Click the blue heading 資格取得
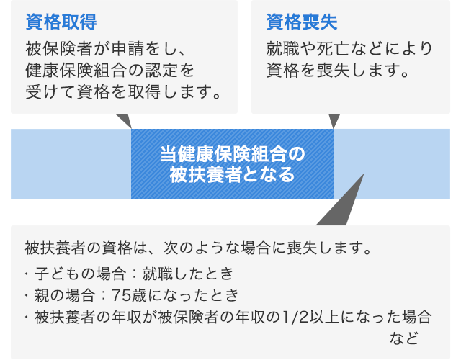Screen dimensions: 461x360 tap(61, 22)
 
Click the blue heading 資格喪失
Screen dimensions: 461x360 tap(302, 22)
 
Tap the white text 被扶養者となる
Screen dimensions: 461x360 tap(232, 174)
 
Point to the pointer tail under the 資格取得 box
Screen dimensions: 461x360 tap(125, 120)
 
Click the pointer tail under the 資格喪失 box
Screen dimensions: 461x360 tap(334, 120)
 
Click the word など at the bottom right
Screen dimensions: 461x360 tap(404, 338)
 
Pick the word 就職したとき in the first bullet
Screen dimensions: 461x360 tap(188, 274)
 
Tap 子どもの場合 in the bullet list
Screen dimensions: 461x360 tap(80, 274)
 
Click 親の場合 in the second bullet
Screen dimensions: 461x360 tap(65, 295)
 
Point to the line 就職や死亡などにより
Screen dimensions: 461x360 tap(349, 48)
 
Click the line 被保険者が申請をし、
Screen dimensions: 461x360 tap(106, 48)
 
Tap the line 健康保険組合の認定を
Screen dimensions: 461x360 tap(109, 71)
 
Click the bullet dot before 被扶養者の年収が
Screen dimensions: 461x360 tap(27, 317)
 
